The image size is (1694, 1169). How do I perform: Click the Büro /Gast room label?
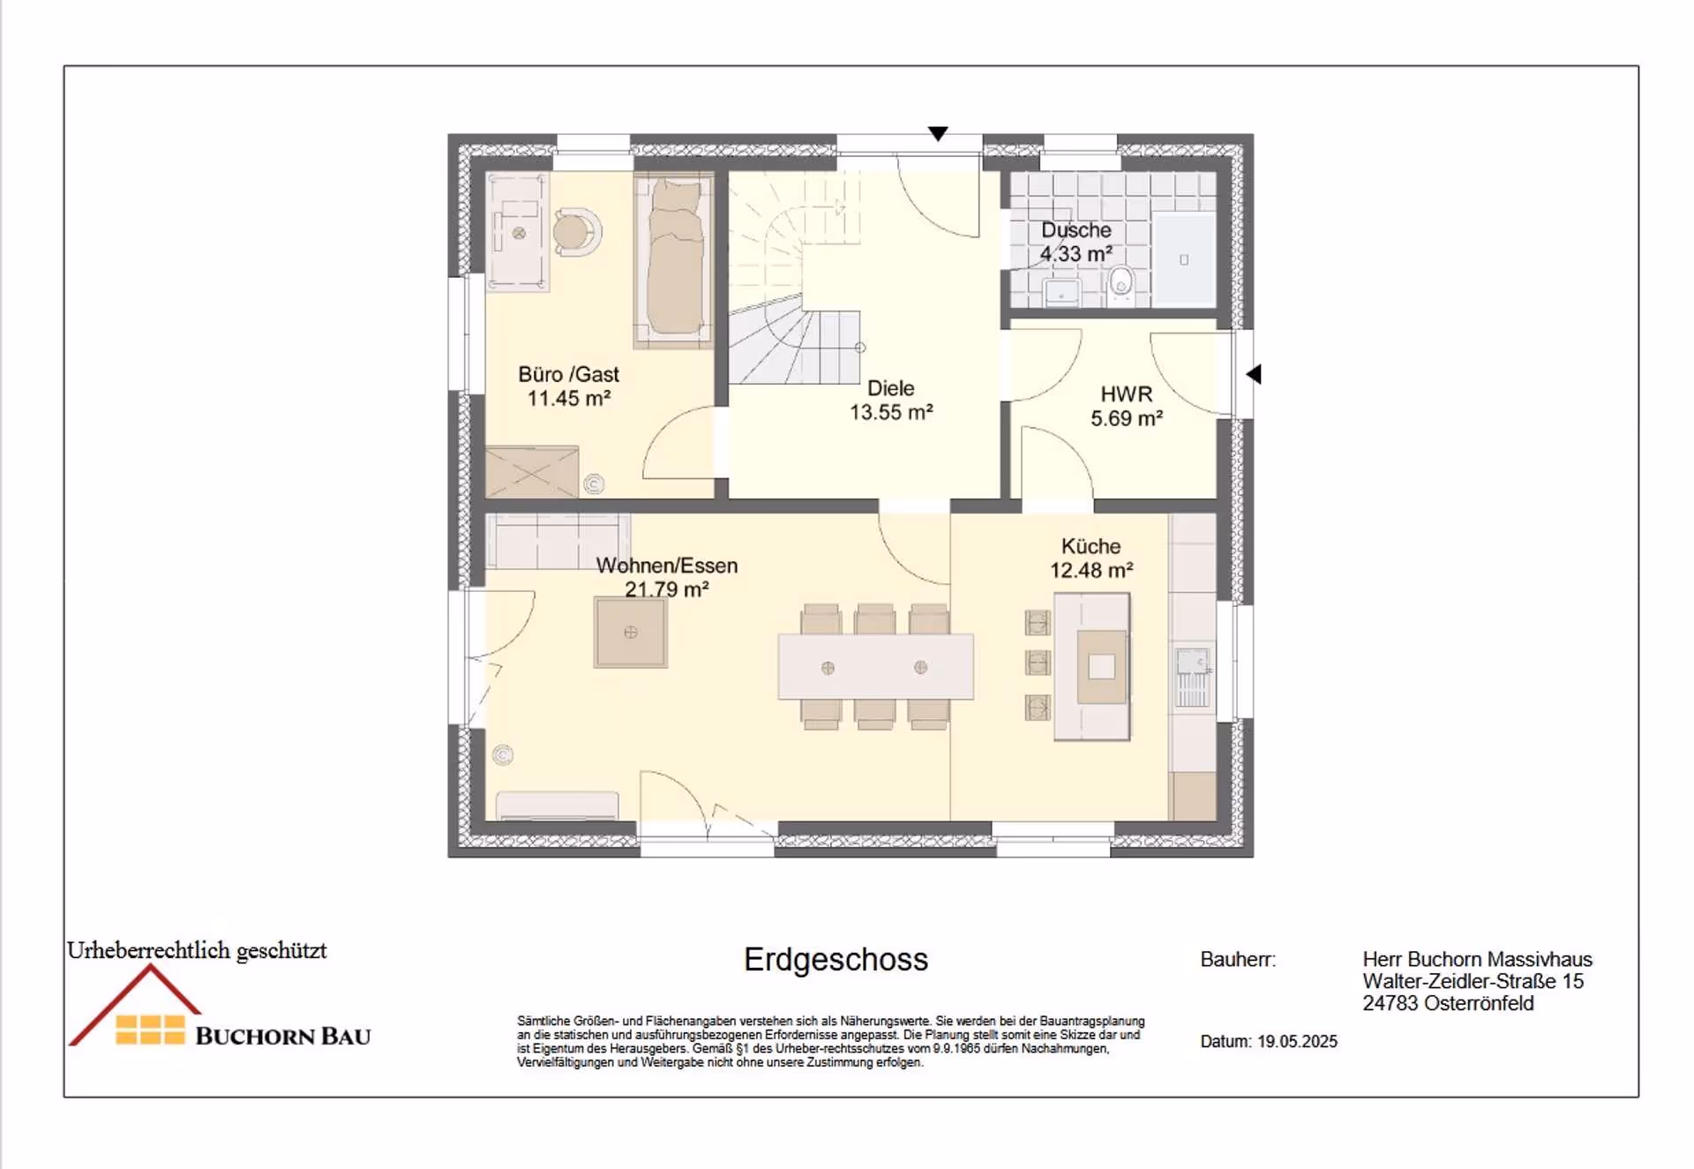point(568,375)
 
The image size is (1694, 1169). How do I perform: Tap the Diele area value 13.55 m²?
point(891,412)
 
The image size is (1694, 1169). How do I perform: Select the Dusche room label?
point(1076,230)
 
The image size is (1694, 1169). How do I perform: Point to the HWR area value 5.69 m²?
point(1126,418)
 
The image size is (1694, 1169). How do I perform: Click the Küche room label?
point(1091,546)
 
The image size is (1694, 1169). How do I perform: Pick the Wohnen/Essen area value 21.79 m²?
point(666,589)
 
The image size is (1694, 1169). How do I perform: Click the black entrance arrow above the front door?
point(938,133)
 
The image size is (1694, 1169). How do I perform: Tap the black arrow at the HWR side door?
point(1254,374)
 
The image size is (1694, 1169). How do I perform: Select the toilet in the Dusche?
point(1121,285)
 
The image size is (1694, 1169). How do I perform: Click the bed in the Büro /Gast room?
point(674,259)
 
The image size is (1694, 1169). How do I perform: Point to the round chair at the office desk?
point(576,232)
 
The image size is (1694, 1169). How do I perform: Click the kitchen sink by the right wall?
point(1192,677)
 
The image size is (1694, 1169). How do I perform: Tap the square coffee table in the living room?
point(630,632)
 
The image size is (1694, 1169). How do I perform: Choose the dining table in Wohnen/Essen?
point(875,667)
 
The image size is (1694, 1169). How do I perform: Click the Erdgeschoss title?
point(836,960)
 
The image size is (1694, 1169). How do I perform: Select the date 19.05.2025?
point(1297,1041)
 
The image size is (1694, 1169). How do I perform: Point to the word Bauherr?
point(1237,960)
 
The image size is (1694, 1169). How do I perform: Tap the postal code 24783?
point(1390,1003)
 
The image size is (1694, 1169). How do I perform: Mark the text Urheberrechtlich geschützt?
point(197,950)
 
